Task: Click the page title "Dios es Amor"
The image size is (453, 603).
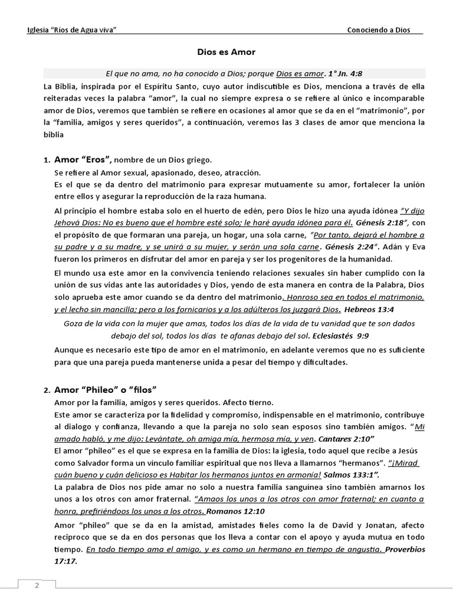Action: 226,52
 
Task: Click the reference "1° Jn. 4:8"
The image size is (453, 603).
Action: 345,74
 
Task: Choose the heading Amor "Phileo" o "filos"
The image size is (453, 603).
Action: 104,390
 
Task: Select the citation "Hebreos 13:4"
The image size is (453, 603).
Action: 369,309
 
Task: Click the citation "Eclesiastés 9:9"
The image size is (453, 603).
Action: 336,336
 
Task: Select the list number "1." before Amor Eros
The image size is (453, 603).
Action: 47,160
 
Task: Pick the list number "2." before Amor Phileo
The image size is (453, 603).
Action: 47,390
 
